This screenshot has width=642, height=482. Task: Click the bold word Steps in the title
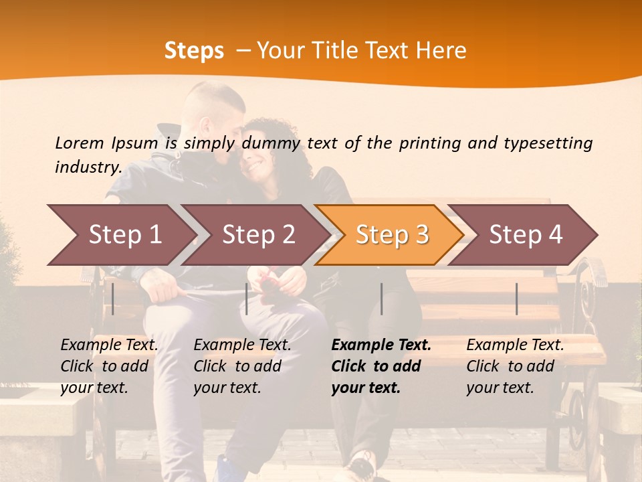click(x=194, y=51)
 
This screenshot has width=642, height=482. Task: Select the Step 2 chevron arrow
click(x=258, y=234)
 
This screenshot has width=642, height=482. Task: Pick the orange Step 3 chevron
click(x=392, y=234)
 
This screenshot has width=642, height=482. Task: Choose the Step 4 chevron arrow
click(x=526, y=234)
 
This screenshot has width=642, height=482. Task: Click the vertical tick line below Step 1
click(x=113, y=299)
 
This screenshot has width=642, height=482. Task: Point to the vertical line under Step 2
click(x=247, y=299)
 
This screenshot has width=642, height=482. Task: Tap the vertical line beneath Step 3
click(x=382, y=299)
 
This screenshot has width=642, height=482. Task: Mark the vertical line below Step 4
click(x=516, y=299)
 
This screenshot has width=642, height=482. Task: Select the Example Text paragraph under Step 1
click(x=109, y=366)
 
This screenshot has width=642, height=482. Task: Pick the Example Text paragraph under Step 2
click(x=242, y=366)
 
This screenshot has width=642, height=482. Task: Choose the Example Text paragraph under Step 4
click(x=515, y=366)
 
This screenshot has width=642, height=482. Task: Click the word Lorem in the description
click(x=80, y=143)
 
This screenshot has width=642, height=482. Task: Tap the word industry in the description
click(x=88, y=167)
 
